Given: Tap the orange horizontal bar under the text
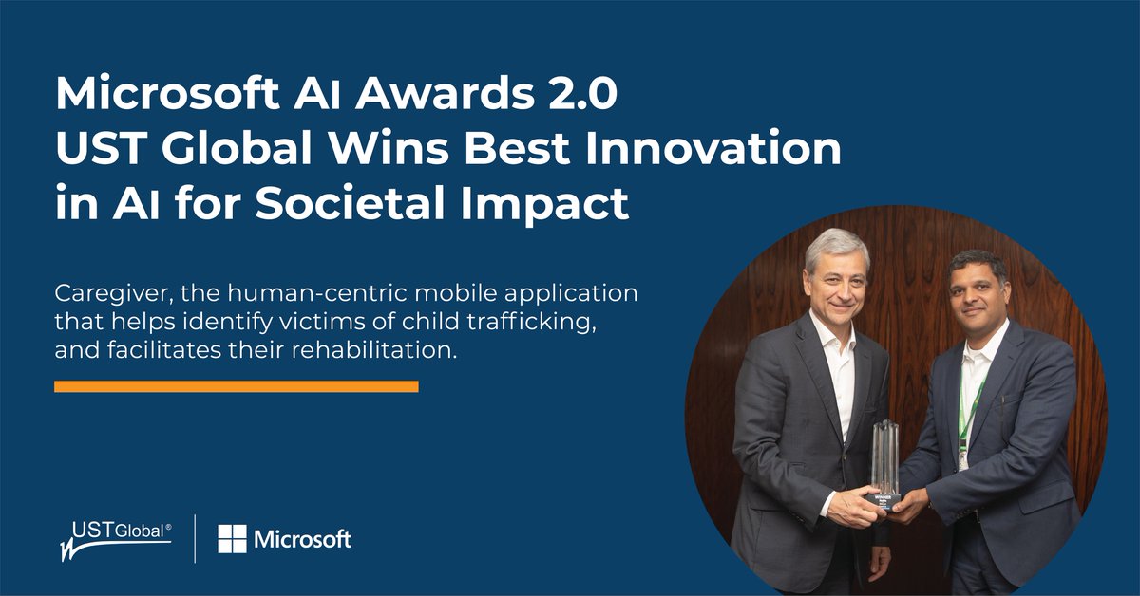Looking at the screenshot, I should point(236,386).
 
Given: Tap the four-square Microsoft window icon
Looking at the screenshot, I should point(232,539).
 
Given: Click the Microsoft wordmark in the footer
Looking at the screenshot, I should point(302,539).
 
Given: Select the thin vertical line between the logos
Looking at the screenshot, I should point(195,539).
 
